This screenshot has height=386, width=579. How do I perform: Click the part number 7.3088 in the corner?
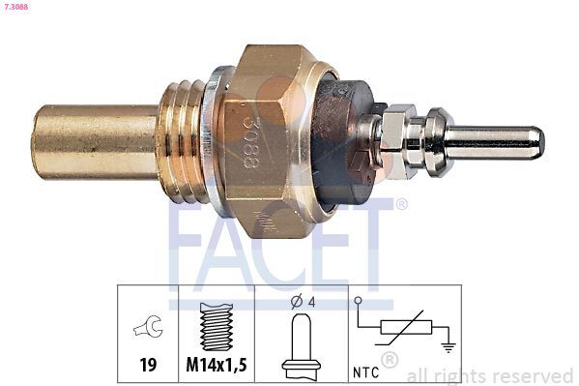pos(18,8)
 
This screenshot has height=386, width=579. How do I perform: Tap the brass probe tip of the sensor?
pos(92,142)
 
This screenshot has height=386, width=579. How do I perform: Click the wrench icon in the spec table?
pos(148,329)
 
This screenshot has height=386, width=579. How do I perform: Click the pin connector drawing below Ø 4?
pos(301,343)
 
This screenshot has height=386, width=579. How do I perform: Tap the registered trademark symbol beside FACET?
pos(401,204)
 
